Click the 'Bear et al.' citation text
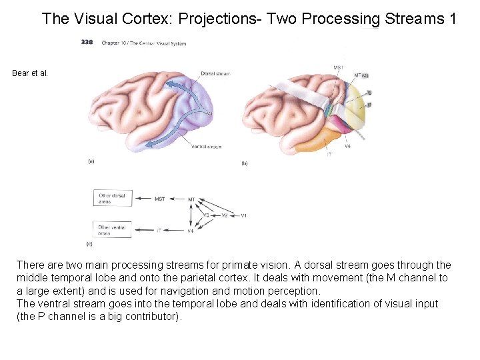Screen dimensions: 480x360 [x=30, y=73]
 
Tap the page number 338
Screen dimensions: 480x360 [x=87, y=43]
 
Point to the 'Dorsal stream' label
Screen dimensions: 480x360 [x=215, y=74]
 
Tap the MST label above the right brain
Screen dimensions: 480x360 [x=339, y=67]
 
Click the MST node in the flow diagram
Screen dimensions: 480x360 [x=160, y=199]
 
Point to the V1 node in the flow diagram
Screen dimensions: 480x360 [x=244, y=215]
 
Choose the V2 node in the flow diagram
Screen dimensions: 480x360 [x=225, y=215]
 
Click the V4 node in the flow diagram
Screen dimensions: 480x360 [x=191, y=231]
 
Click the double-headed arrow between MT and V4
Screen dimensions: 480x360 [x=191, y=215]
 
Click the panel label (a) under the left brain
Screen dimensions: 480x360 [x=91, y=161]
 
